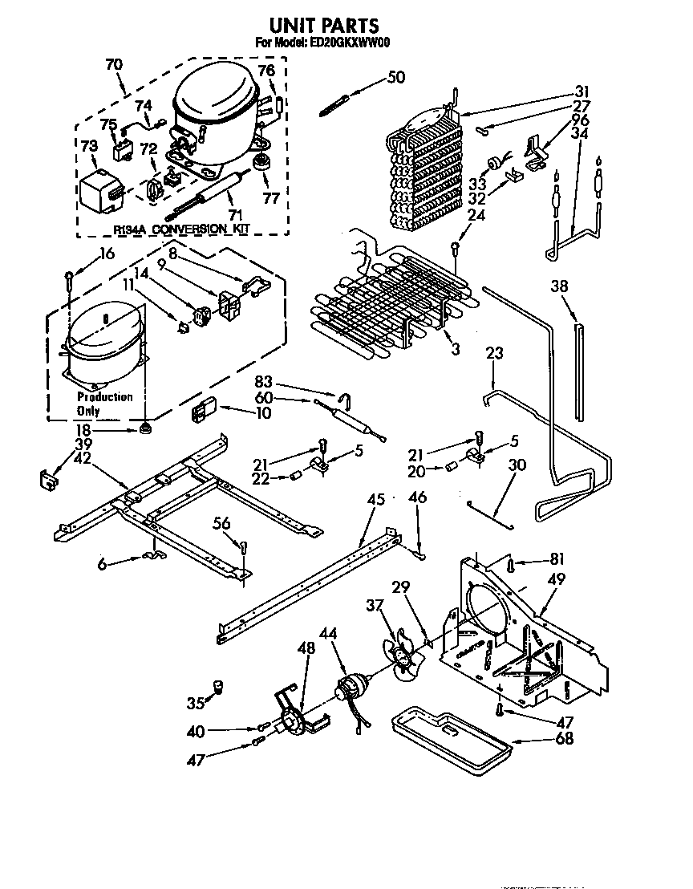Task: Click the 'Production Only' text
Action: coord(104,404)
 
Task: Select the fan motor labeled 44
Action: coord(351,688)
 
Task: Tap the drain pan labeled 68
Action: coord(449,736)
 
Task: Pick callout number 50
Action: coord(395,77)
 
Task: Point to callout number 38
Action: coord(561,285)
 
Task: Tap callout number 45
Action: coord(375,499)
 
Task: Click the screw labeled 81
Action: coord(511,566)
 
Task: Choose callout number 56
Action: coord(221,524)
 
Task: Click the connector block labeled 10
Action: coord(200,412)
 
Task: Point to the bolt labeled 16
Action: coord(71,279)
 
